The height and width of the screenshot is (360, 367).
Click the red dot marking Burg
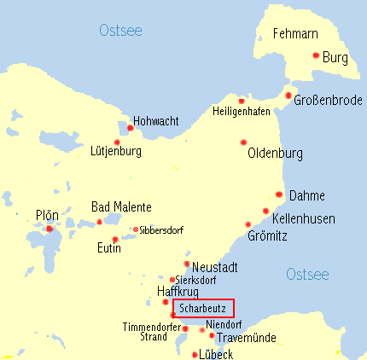pyautogui.click(x=316, y=55)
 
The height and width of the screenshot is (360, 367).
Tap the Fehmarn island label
pyautogui.click(x=295, y=35)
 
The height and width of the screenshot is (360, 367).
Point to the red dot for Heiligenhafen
pyautogui.click(x=242, y=100)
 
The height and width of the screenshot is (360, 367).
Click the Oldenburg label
pyautogui.click(x=275, y=154)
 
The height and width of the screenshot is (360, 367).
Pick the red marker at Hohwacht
pyautogui.click(x=130, y=128)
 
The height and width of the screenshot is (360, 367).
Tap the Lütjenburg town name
pyautogui.click(x=115, y=152)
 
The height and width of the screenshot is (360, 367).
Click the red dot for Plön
pyautogui.click(x=50, y=229)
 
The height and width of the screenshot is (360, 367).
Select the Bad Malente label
pyautogui.click(x=121, y=207)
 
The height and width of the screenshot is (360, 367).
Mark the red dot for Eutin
pyautogui.click(x=115, y=239)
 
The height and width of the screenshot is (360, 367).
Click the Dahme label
pyautogui.click(x=307, y=195)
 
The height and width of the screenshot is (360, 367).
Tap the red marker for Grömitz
pyautogui.click(x=248, y=224)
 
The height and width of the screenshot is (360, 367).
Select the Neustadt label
pyautogui.click(x=215, y=268)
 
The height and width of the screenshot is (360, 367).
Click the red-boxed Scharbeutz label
pyautogui.click(x=203, y=308)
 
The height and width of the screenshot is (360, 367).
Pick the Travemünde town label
pyautogui.click(x=248, y=338)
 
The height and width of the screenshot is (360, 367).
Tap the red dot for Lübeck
pyautogui.click(x=195, y=354)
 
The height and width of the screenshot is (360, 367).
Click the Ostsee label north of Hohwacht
pyautogui.click(x=120, y=32)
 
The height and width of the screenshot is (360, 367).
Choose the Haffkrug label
pyautogui.click(x=178, y=292)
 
